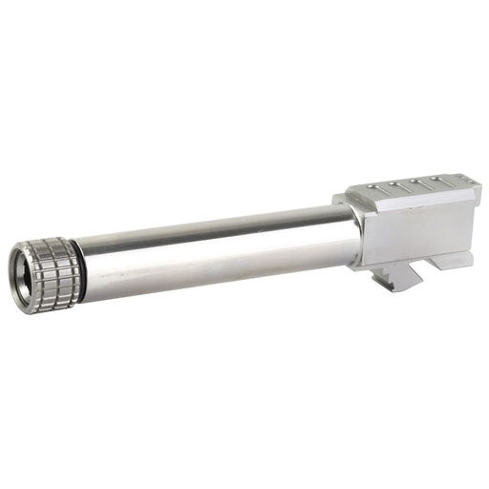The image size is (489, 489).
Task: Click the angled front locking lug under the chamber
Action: [402, 276]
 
